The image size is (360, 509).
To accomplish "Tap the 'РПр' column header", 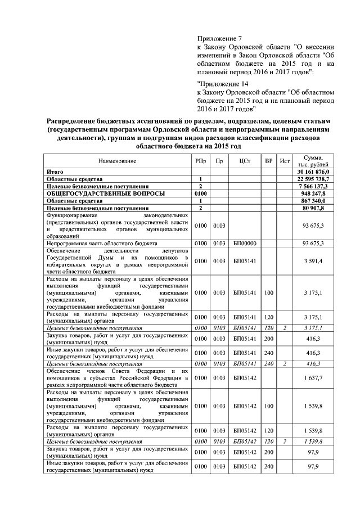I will tap(200, 161).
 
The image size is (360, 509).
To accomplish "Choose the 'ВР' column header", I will tap(269, 161).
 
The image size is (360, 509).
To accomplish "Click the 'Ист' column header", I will tap(286, 161).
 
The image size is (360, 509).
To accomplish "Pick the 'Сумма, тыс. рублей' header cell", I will tap(316, 161).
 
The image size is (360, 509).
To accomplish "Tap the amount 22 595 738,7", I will tap(317, 178).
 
